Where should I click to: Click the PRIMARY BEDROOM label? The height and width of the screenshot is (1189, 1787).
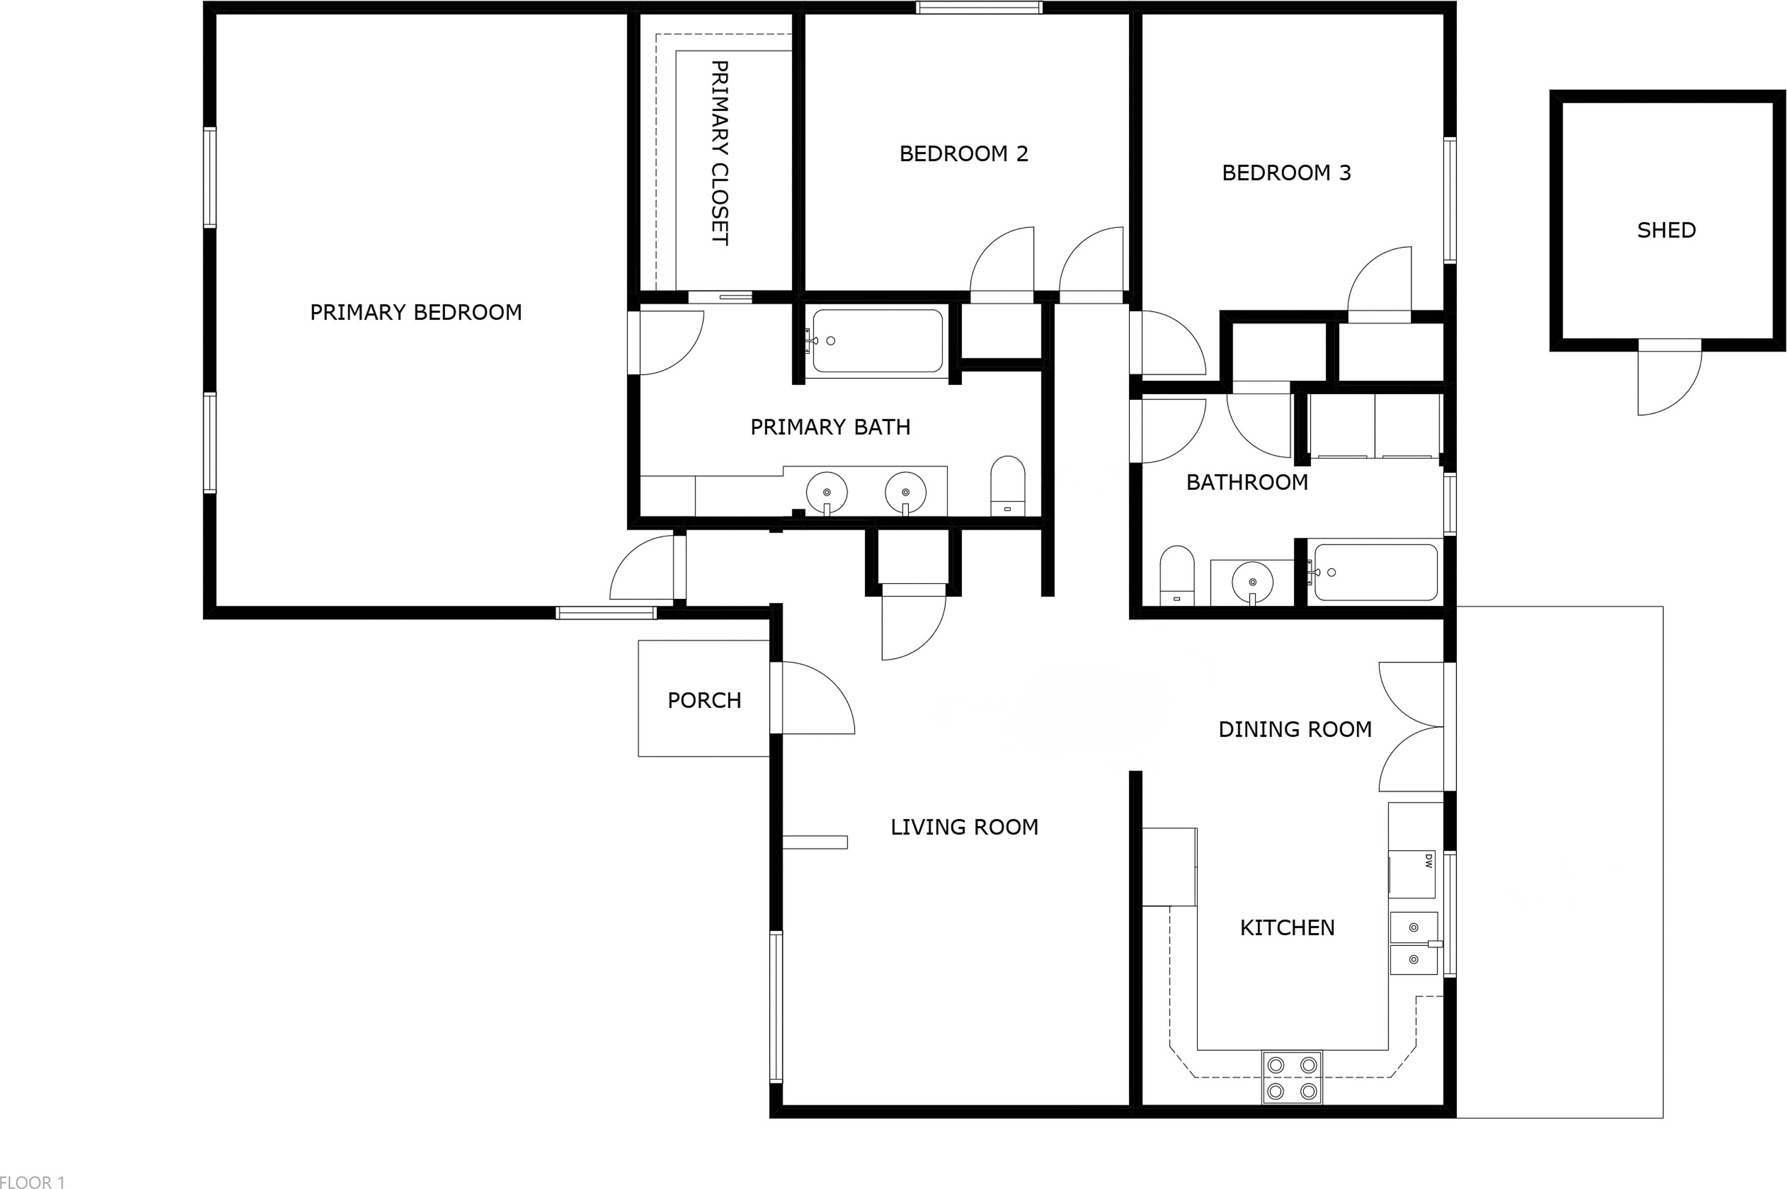tap(416, 312)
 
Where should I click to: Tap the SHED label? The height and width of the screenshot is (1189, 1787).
tap(1666, 230)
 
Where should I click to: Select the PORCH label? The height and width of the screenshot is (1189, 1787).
tap(704, 700)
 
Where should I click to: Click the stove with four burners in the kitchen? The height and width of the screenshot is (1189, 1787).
tap(1291, 1077)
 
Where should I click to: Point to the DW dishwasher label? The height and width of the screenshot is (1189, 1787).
tap(1428, 861)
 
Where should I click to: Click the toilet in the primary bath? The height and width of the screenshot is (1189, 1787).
tap(1008, 486)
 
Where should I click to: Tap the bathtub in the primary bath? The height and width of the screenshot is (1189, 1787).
tap(877, 340)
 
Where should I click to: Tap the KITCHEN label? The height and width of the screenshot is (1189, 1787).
tap(1287, 927)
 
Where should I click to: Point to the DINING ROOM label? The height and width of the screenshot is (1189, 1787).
tap(1294, 729)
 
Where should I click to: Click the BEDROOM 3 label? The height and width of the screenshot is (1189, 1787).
tap(1286, 173)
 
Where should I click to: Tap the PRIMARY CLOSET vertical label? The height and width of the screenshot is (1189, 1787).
tap(720, 153)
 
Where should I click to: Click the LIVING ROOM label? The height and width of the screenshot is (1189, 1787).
tap(964, 827)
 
